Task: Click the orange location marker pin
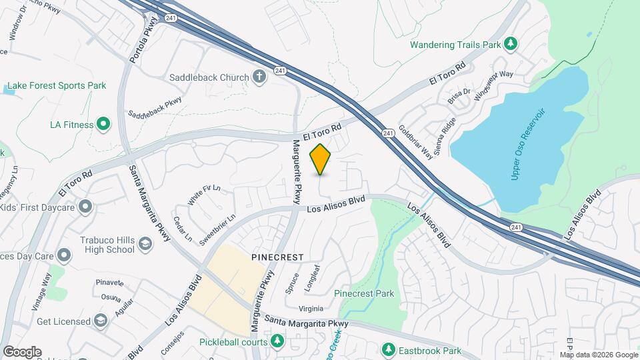click(321, 159)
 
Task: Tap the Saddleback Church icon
click(259, 77)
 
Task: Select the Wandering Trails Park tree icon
click(511, 44)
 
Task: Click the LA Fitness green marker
click(103, 123)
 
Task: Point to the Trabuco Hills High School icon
click(145, 245)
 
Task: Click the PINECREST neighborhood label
click(277, 257)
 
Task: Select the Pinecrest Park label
click(364, 293)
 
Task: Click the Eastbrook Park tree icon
click(388, 349)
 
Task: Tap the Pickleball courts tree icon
click(277, 342)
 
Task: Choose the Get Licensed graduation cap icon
click(101, 321)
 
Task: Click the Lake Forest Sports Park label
click(56, 86)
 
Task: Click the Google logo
click(22, 352)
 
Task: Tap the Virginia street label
click(310, 309)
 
